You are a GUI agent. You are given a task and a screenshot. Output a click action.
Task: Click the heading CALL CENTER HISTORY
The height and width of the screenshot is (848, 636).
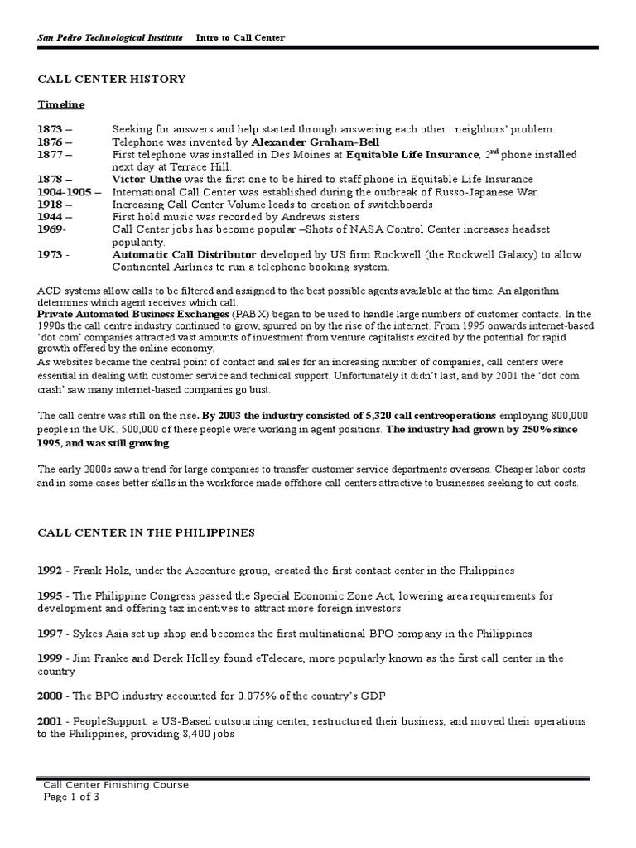[x=112, y=79]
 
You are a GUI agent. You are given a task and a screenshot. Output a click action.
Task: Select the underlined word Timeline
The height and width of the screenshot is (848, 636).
[x=61, y=105]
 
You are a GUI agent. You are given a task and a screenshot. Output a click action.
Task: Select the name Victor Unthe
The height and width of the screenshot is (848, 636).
[x=146, y=179]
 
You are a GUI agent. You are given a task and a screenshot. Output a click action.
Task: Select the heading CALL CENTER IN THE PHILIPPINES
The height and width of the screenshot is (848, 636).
[x=146, y=532]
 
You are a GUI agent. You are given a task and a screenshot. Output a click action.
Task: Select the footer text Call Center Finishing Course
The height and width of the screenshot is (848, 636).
[x=116, y=784]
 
